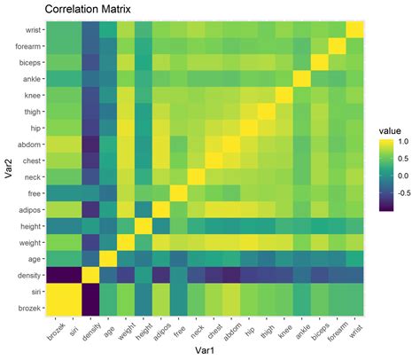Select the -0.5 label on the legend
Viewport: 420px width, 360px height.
(x=403, y=191)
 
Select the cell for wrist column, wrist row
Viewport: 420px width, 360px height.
(x=354, y=30)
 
